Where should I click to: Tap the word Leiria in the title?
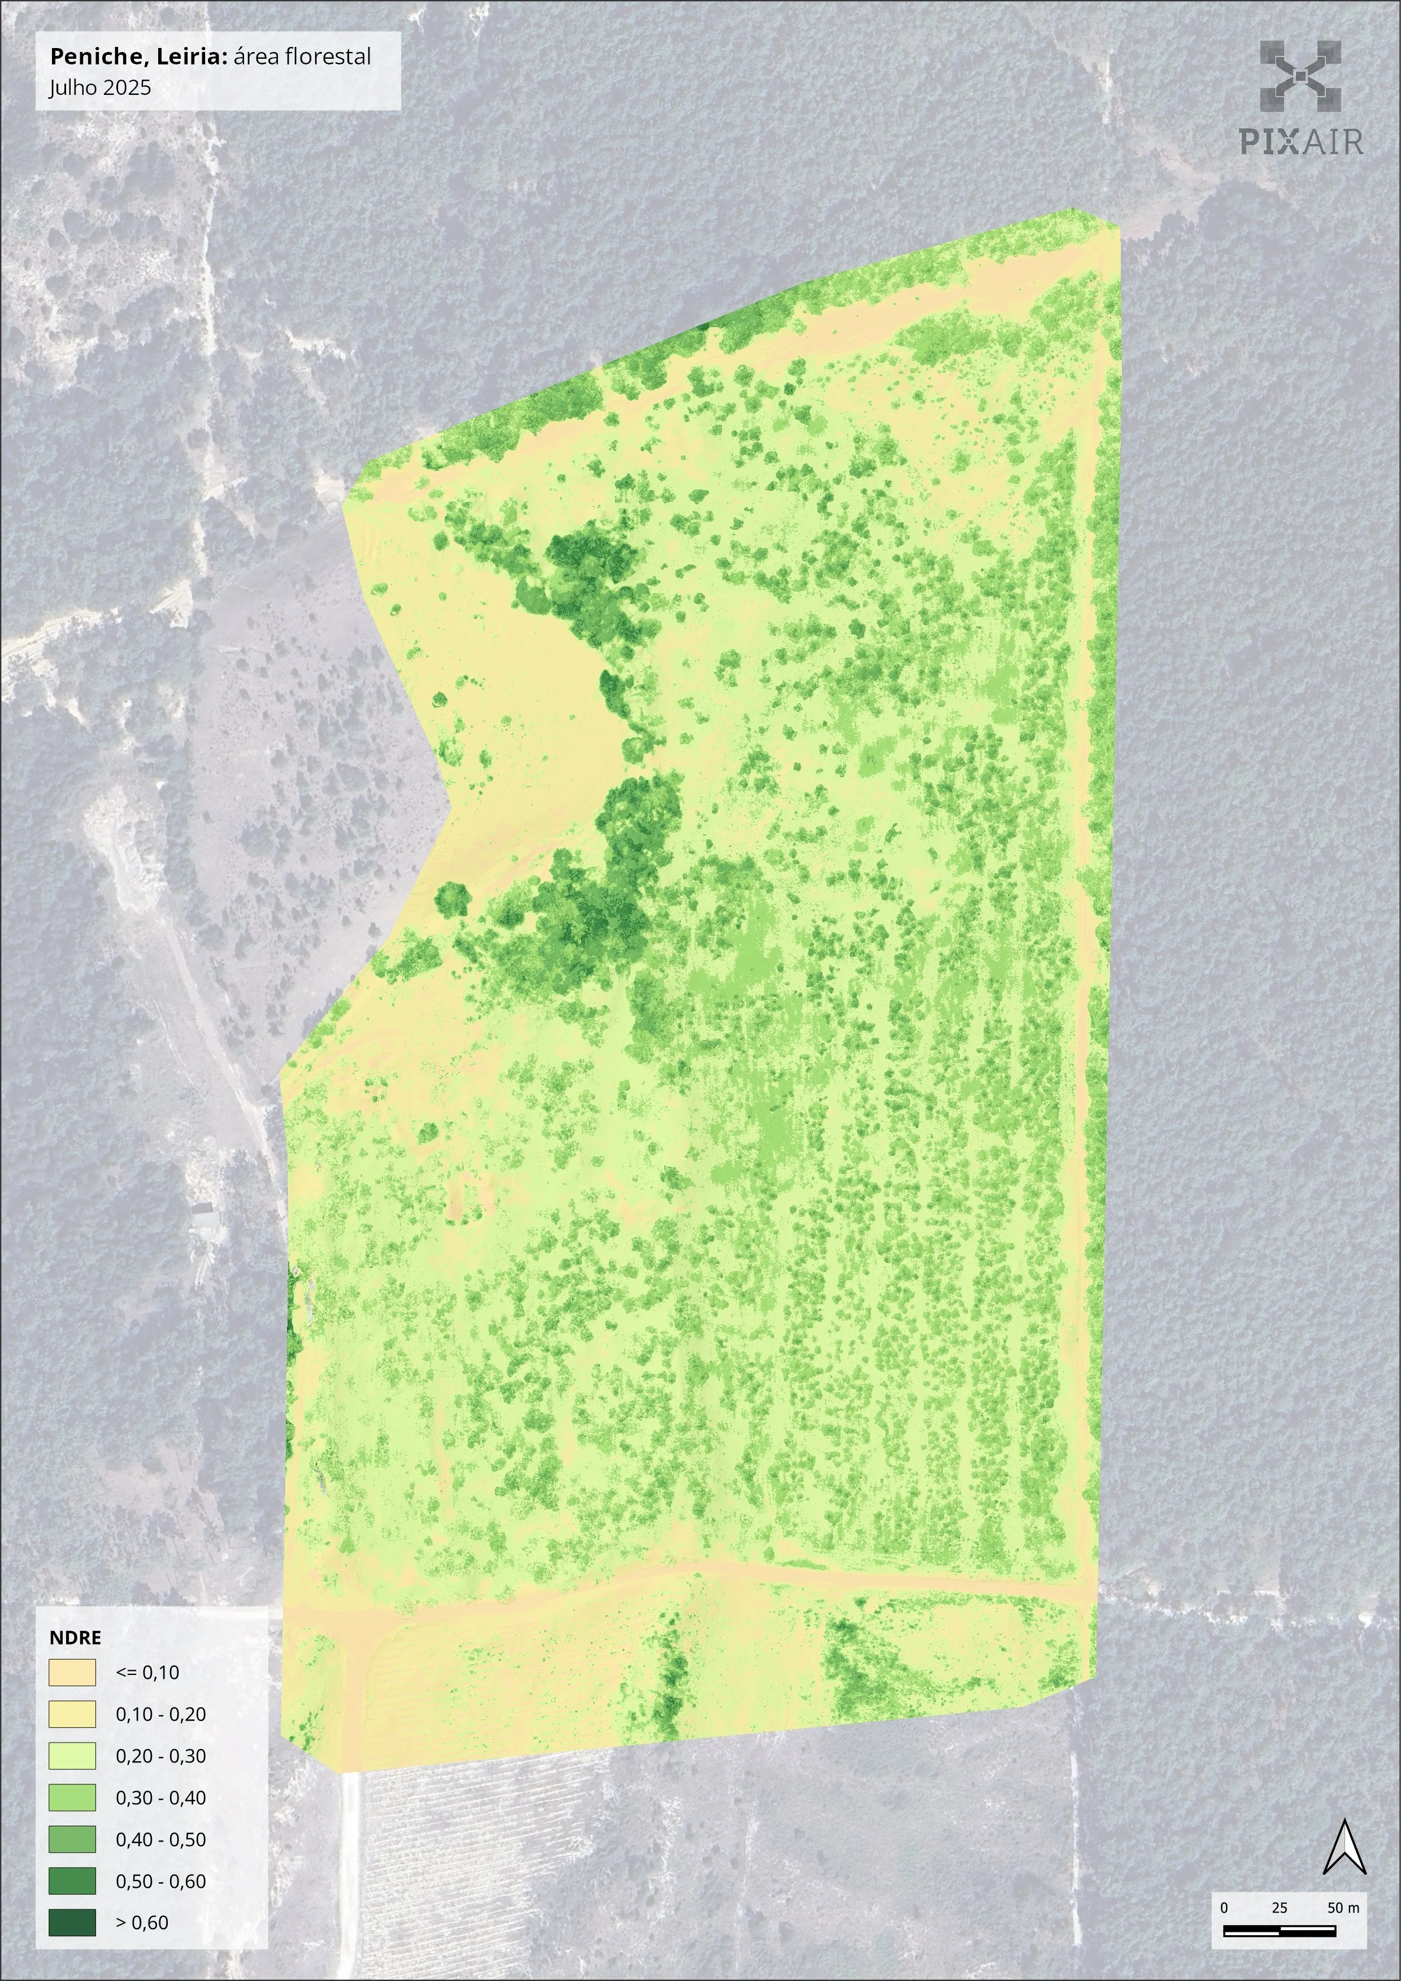point(193,57)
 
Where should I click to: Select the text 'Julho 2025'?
point(100,87)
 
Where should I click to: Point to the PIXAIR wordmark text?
point(1301,141)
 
